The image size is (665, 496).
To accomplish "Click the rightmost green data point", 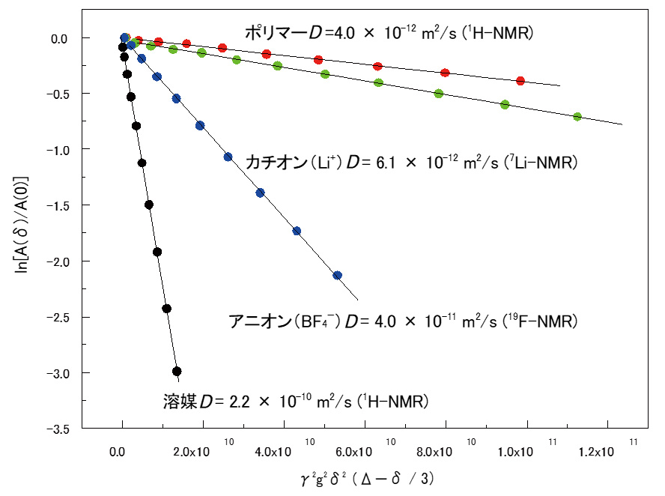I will (577, 117).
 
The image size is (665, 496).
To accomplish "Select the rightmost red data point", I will (520, 81).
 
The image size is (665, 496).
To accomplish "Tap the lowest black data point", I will (177, 371).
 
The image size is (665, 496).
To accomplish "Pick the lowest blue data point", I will (337, 275).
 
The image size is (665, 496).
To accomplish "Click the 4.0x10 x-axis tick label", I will (274, 452).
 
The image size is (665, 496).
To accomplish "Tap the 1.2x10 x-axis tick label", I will (597, 452).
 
